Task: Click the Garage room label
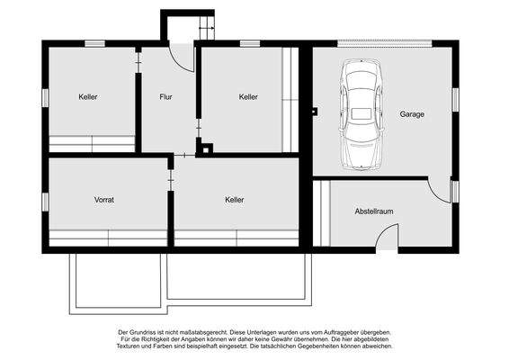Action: click(413, 114)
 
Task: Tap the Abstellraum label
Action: click(374, 211)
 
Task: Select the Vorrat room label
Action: click(104, 199)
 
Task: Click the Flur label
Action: click(165, 96)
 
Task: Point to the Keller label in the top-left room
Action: click(88, 96)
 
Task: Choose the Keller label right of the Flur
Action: click(248, 96)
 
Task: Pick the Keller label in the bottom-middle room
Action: click(235, 200)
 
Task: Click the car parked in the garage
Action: click(362, 114)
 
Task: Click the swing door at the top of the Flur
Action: click(183, 58)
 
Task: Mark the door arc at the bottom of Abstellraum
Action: click(387, 238)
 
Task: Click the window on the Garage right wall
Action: click(456, 96)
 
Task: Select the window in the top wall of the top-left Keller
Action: click(94, 43)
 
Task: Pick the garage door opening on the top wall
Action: click(382, 43)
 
